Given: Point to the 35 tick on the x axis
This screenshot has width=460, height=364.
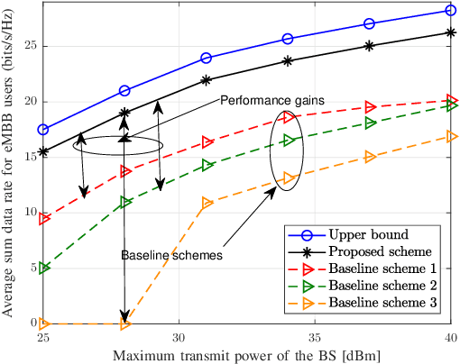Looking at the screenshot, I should [315, 334].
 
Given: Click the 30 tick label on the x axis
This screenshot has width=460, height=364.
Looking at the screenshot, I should [179, 334].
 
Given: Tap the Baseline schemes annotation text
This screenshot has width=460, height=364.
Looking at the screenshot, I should [171, 255].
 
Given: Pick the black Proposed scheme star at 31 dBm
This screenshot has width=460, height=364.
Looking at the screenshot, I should [207, 79].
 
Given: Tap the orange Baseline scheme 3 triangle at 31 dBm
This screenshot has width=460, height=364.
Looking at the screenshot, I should [207, 203].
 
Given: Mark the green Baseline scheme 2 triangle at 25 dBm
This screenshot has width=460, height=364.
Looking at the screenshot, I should [43, 268].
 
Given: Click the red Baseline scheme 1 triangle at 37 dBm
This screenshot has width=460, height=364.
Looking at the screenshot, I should [370, 106].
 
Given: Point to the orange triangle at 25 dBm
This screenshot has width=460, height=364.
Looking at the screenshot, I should [43, 323].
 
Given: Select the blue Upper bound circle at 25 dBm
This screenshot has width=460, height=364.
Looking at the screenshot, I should [43, 130].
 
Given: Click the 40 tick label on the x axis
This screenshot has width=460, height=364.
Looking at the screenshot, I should [449, 334].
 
